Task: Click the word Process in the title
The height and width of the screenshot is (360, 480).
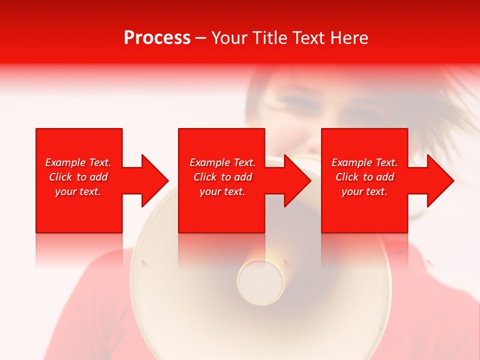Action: click(x=157, y=38)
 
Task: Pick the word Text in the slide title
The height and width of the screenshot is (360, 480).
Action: click(x=308, y=38)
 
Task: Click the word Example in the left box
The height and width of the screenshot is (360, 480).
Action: click(x=65, y=162)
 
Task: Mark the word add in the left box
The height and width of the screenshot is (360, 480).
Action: click(x=98, y=177)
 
